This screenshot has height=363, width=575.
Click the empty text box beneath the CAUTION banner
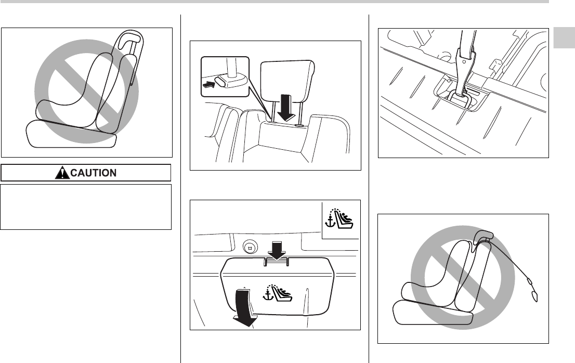click(x=86, y=206)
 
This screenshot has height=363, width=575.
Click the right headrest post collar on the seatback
click(x=300, y=125)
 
